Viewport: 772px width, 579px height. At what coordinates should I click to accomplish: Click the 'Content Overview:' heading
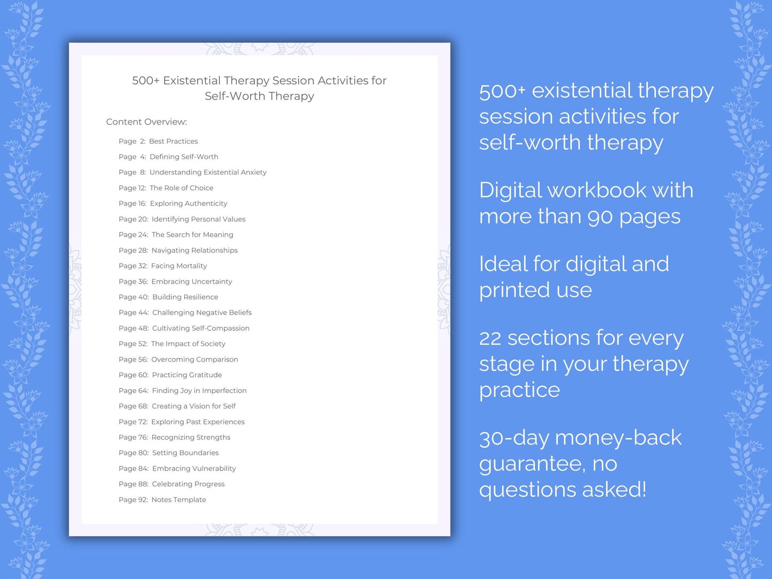click(x=146, y=122)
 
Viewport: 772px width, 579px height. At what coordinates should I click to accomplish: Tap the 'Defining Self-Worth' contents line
click(x=184, y=157)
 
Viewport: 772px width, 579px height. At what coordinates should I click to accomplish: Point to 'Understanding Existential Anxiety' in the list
click(x=208, y=172)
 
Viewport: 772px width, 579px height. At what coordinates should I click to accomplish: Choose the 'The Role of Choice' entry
click(x=181, y=188)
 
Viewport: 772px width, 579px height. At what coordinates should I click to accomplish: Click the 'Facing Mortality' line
click(x=178, y=266)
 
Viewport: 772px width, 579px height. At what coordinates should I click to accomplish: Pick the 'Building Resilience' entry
click(x=185, y=297)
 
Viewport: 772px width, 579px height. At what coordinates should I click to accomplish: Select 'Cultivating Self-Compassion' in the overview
click(x=200, y=328)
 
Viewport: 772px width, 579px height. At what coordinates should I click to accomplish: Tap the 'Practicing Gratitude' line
click(x=186, y=375)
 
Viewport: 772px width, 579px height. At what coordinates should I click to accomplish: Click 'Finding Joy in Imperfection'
click(x=199, y=390)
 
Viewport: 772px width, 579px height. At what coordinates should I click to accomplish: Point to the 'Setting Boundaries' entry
click(x=185, y=453)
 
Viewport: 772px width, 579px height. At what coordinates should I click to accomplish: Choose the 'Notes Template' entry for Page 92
click(x=178, y=500)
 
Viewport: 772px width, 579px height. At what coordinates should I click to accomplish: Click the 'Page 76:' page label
click(x=133, y=437)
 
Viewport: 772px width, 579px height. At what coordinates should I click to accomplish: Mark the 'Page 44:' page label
click(x=134, y=312)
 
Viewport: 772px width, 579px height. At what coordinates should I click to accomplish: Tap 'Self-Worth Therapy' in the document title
click(x=259, y=96)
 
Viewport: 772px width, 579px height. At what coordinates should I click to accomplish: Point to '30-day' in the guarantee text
click(x=514, y=438)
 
